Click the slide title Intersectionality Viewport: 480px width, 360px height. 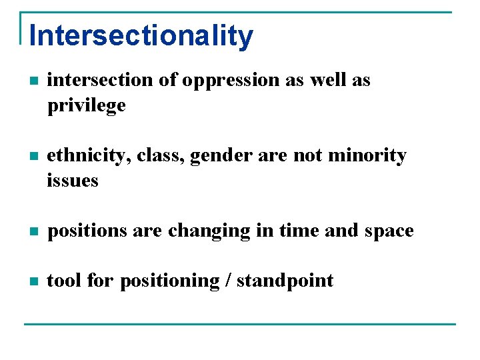[141, 35]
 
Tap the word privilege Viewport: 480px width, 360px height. [86, 105]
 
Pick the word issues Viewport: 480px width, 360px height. [73, 181]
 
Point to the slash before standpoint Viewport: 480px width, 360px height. [228, 281]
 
